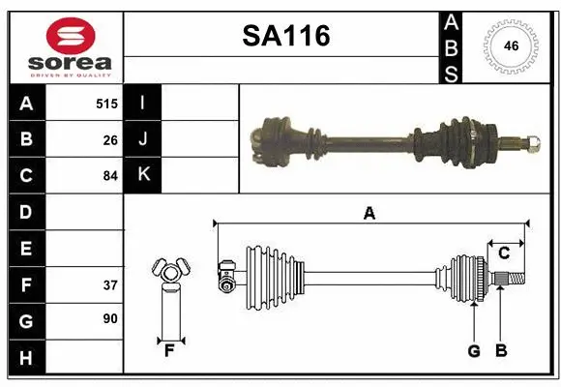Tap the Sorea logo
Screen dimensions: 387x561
tap(71, 46)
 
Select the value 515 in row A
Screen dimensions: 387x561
tap(106, 103)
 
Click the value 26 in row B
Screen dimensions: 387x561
tap(110, 139)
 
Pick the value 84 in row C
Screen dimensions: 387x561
tap(110, 176)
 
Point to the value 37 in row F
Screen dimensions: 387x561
tap(110, 284)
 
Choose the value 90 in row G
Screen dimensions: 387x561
tap(110, 318)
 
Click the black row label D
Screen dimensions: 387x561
tap(25, 211)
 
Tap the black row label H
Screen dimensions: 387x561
tap(25, 358)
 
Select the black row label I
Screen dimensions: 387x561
tap(142, 103)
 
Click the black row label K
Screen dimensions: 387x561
tap(143, 175)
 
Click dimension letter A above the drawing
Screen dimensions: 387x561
tap(369, 214)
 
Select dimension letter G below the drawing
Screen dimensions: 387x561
tap(474, 351)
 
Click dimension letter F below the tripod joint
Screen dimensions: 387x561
tap(169, 351)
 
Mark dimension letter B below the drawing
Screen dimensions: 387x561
tap(501, 351)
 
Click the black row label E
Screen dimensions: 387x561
tap(25, 249)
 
